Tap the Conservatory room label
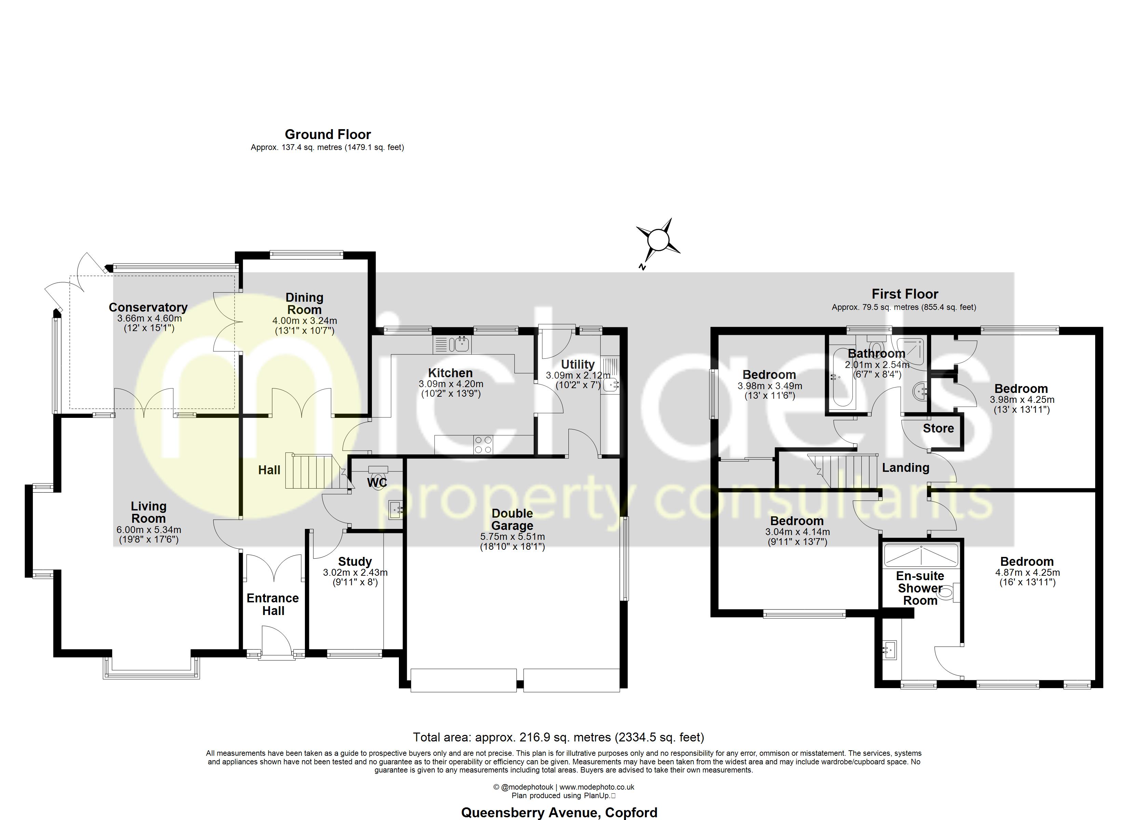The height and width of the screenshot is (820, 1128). (x=148, y=307)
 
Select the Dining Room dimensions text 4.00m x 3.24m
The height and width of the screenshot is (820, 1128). (x=304, y=321)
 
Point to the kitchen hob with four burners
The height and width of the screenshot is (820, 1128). (x=483, y=445)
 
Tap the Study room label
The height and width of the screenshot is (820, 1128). (x=354, y=561)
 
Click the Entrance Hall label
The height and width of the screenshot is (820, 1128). (x=272, y=604)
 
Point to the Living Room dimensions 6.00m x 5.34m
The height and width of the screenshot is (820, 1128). (x=149, y=530)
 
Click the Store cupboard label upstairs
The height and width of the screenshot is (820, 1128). (x=938, y=428)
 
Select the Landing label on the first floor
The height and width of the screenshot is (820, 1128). (x=905, y=467)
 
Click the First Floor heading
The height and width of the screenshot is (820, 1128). (x=905, y=294)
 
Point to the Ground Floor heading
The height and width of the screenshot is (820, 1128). (x=328, y=134)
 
